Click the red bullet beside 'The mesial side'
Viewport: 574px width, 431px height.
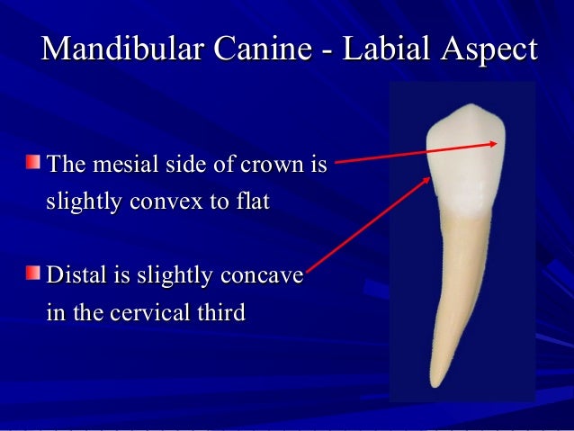[33, 163]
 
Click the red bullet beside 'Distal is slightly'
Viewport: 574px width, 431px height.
[33, 272]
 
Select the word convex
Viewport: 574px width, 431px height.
[165, 202]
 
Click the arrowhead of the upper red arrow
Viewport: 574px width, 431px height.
[497, 144]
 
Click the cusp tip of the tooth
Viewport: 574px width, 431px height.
[467, 108]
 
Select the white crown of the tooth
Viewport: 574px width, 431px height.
[465, 162]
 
